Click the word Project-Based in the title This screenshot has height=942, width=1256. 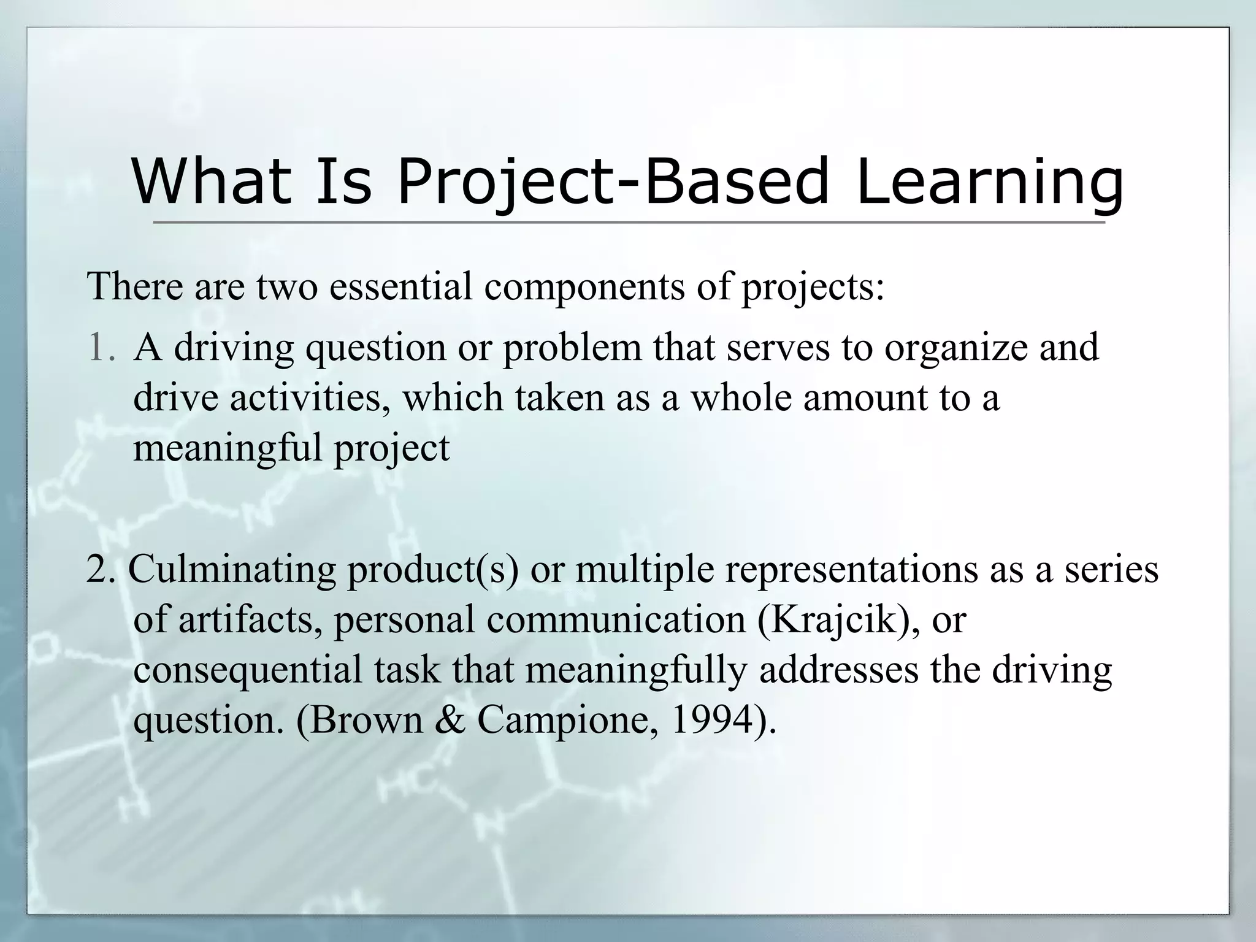(613, 182)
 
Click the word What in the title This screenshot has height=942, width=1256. (211, 182)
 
